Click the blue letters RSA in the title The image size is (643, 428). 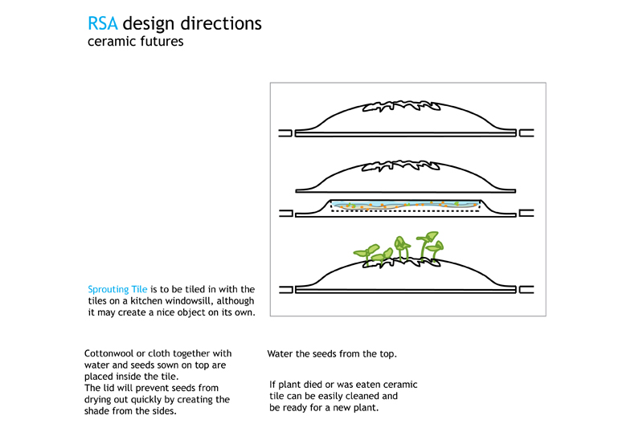click(103, 23)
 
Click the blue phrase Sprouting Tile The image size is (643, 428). click(117, 290)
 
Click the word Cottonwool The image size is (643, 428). click(111, 353)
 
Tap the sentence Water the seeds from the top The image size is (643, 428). click(332, 354)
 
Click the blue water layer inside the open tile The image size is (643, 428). click(404, 205)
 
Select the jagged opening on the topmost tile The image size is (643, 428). click(401, 107)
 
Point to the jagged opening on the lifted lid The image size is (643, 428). click(401, 166)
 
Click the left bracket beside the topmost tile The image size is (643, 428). click(286, 133)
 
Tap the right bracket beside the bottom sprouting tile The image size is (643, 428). click(526, 290)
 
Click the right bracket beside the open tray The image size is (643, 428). click(526, 213)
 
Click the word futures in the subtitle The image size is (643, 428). click(162, 42)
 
